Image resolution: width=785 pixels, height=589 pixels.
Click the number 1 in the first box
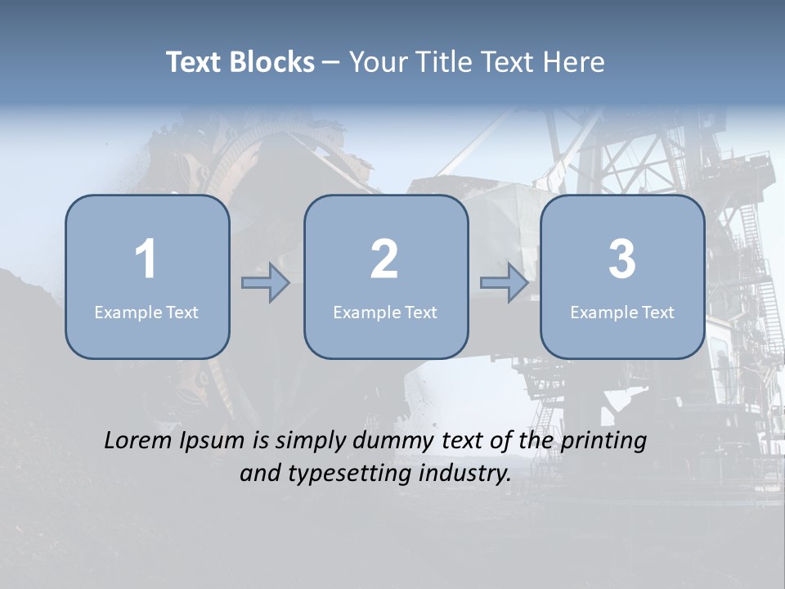[x=146, y=259]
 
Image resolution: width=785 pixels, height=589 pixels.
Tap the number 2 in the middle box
[x=384, y=259]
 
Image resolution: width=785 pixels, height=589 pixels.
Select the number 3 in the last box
[x=622, y=259]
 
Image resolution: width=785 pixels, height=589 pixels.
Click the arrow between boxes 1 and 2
[x=266, y=283]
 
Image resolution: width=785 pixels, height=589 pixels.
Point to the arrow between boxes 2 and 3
[x=505, y=283]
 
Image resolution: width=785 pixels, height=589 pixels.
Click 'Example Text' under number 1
[x=146, y=312]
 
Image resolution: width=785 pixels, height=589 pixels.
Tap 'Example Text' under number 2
[x=385, y=312]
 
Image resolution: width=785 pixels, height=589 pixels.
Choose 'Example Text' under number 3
[x=622, y=312]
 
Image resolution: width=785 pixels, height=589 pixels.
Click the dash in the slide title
[x=331, y=62]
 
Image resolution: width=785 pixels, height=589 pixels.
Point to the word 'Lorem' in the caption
[x=135, y=440]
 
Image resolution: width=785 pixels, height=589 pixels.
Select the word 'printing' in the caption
[x=603, y=442]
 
